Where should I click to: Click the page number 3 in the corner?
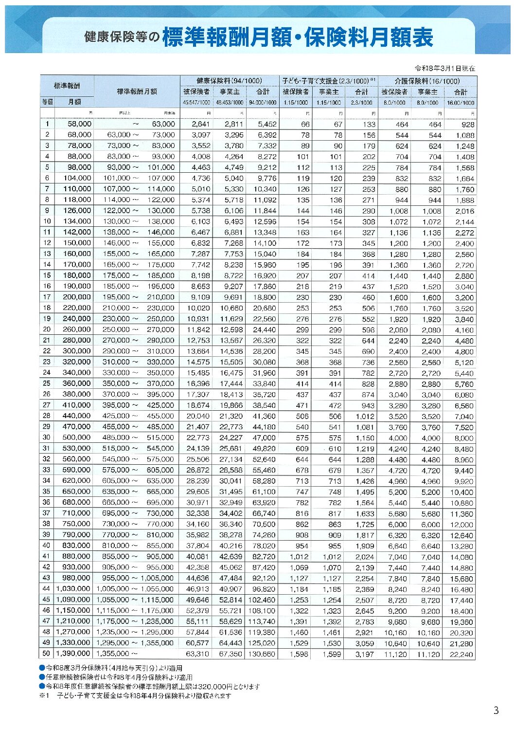[x=496, y=711]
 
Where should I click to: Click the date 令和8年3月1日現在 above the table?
[x=444, y=68]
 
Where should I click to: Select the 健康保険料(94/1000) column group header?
[x=229, y=81]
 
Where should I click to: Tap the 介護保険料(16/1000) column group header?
[x=427, y=81]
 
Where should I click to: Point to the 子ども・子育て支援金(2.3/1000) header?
[x=327, y=81]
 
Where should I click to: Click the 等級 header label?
[x=47, y=102]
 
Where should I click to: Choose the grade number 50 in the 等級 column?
[x=47, y=654]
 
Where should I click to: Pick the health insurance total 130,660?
[x=262, y=654]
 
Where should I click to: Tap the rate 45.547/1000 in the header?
[x=196, y=103]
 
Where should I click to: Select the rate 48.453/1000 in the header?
[x=230, y=103]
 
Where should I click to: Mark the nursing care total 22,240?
[x=461, y=655]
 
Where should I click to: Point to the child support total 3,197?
[x=365, y=655]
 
